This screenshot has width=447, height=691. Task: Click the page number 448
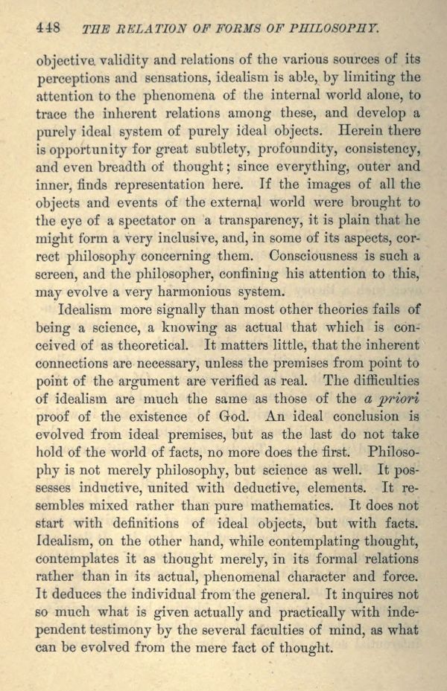(x=47, y=28)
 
